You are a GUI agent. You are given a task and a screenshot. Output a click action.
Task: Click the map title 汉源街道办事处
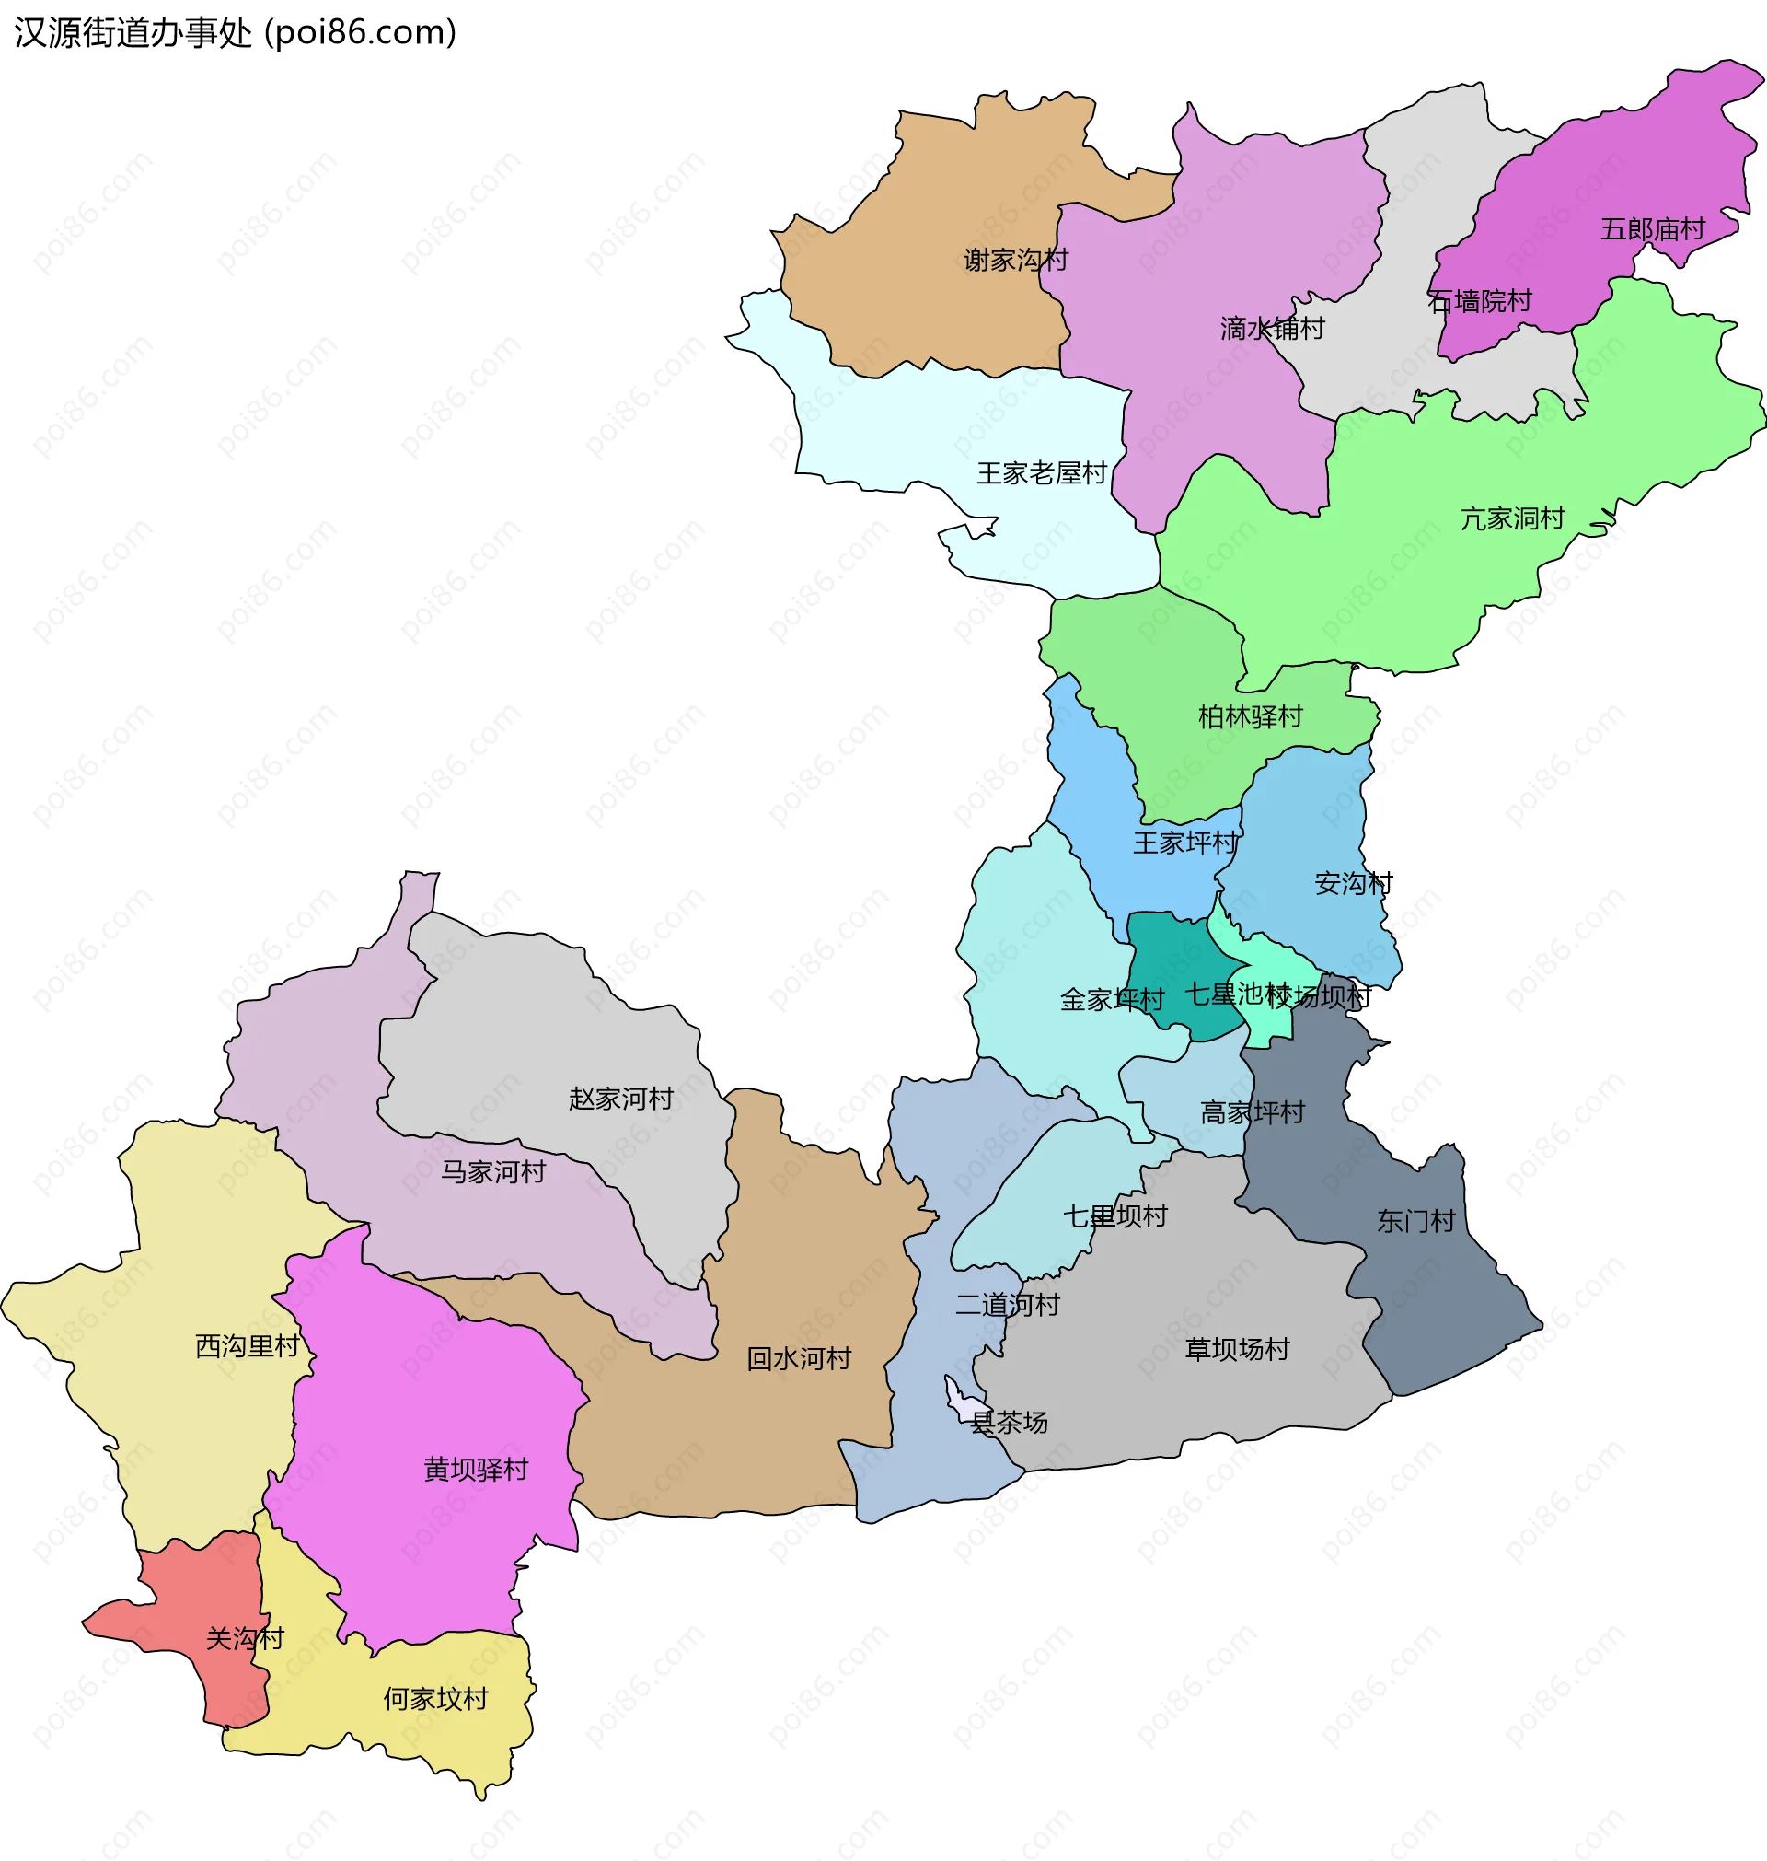click(133, 33)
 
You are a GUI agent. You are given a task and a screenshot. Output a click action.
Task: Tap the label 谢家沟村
click(1015, 260)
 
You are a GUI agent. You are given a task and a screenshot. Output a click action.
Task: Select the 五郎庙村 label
click(1652, 229)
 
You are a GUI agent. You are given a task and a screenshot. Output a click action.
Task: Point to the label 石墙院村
click(1480, 301)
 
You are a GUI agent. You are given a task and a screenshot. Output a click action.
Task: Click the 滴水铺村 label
click(1272, 329)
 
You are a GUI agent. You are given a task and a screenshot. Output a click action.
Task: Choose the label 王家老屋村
click(1041, 473)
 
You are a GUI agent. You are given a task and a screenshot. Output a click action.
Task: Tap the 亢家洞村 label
click(1512, 518)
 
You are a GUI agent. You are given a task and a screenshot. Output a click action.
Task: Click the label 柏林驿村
click(1250, 717)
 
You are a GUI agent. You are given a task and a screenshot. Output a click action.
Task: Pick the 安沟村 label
click(1353, 884)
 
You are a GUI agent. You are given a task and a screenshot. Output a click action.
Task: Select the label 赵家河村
click(620, 1099)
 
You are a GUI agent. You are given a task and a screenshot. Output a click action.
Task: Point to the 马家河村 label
click(493, 1172)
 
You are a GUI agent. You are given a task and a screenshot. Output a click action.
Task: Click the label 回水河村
click(799, 1359)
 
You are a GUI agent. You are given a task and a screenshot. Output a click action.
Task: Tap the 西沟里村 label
click(247, 1345)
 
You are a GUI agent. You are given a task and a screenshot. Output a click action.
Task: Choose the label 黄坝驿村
click(476, 1469)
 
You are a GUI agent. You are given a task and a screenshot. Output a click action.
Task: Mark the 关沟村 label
click(245, 1639)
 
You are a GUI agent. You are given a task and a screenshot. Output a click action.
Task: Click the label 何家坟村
click(435, 1699)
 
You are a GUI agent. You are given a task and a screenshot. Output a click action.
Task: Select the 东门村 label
click(1415, 1221)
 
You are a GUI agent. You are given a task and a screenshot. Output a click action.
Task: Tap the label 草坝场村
click(1237, 1349)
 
